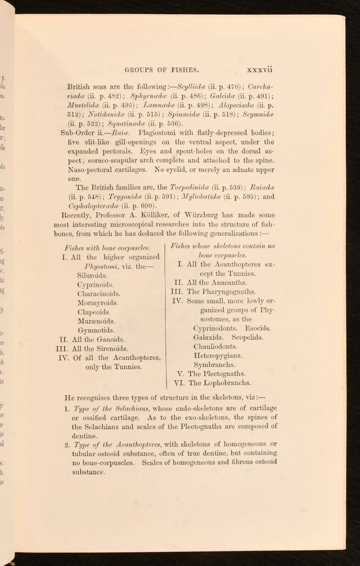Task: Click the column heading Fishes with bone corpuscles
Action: click(x=108, y=248)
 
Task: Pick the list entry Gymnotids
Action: click(x=96, y=330)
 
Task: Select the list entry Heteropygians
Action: click(x=217, y=355)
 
